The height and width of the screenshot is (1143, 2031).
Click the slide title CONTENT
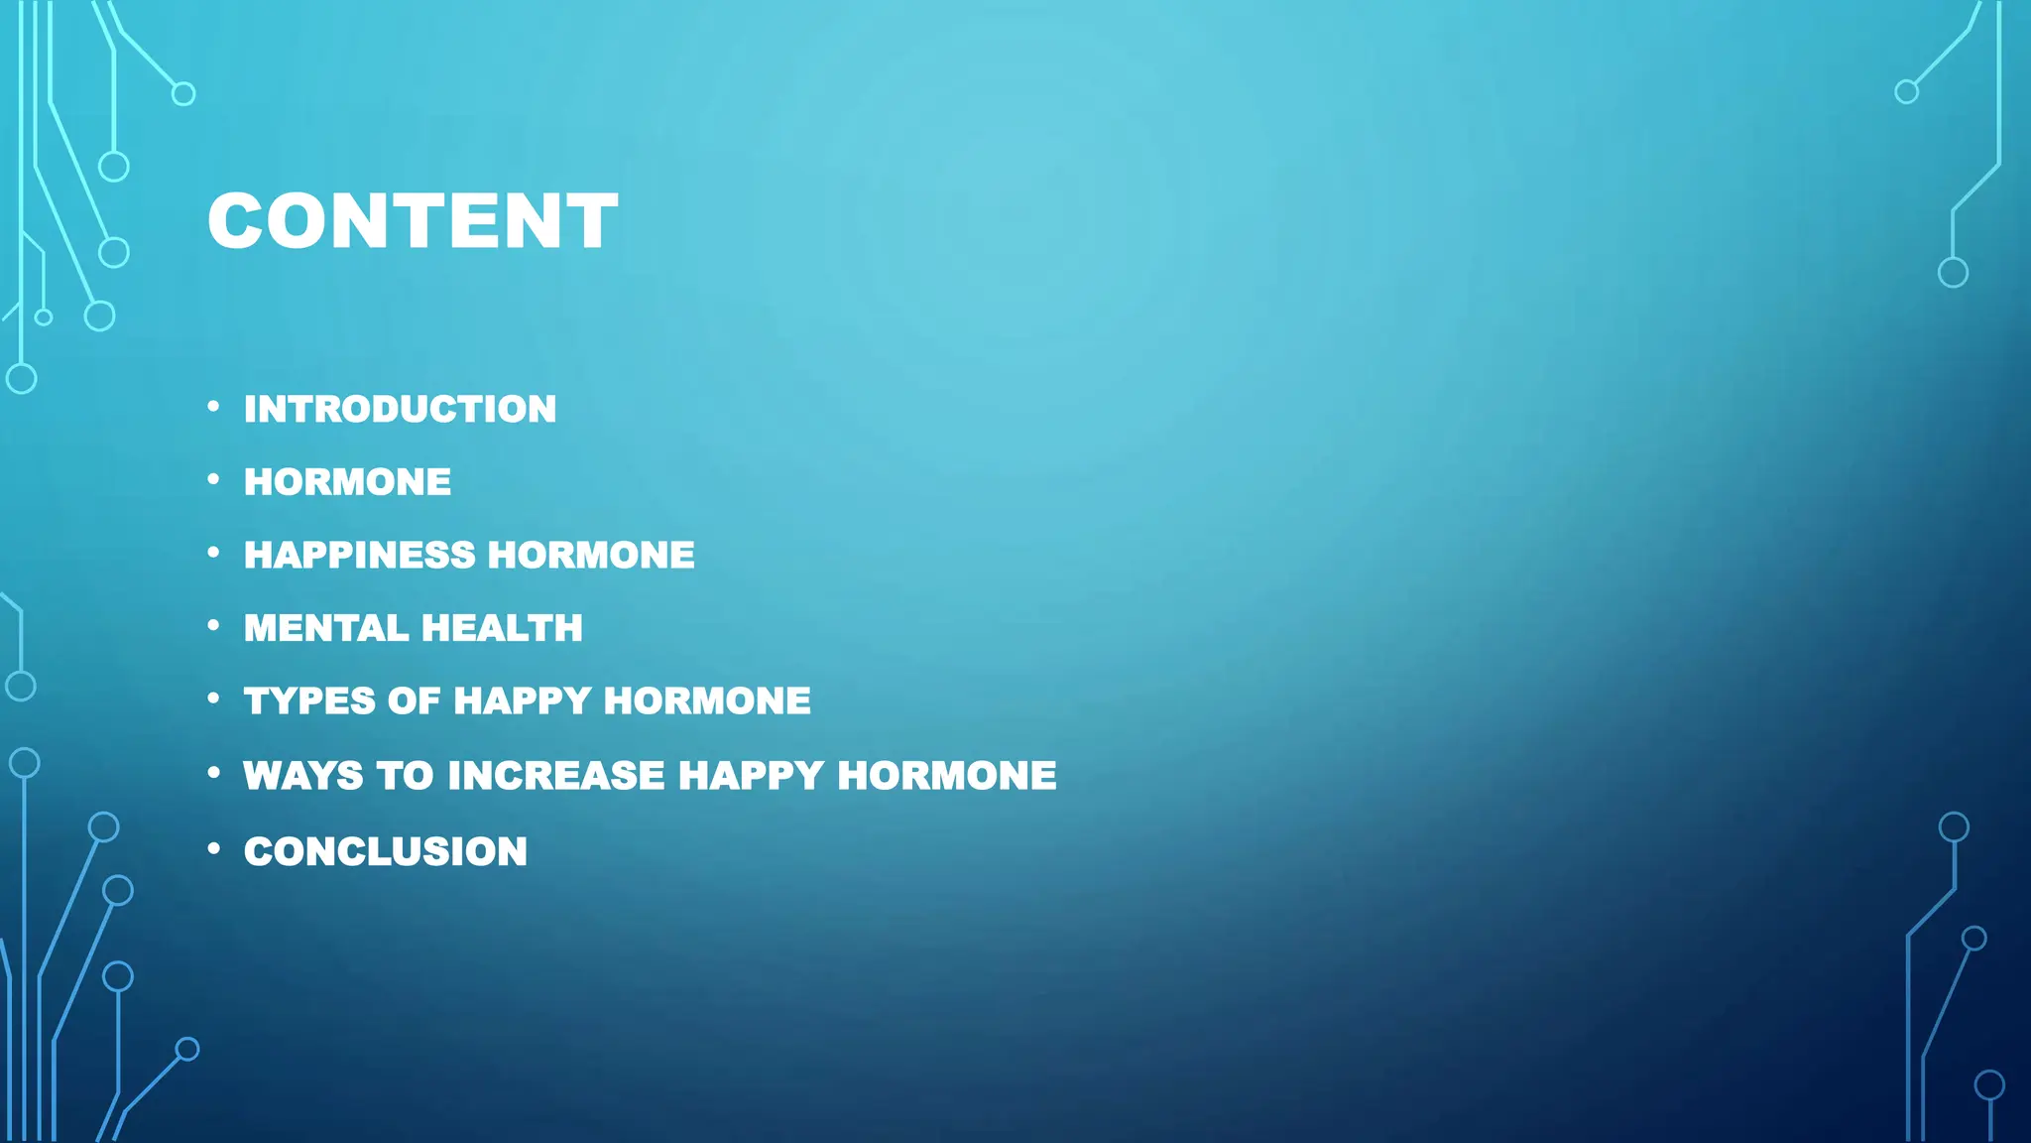413,220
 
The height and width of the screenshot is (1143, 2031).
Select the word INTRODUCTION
400,409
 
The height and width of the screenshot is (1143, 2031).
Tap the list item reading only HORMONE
347,482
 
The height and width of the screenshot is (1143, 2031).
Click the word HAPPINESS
359,555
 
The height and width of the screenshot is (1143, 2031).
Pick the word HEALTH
502,628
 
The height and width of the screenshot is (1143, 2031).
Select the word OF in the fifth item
414,701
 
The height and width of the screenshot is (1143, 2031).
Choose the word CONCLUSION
385,851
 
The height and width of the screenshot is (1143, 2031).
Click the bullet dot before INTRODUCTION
213,407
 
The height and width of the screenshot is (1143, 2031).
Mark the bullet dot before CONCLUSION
213,849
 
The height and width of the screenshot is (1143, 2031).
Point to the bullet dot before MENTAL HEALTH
213,626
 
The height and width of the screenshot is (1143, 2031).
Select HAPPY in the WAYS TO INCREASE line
751,776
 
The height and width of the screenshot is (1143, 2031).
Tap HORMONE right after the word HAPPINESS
591,555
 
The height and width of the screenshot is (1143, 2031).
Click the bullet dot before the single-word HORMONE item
213,480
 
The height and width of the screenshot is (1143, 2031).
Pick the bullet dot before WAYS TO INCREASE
213,773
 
